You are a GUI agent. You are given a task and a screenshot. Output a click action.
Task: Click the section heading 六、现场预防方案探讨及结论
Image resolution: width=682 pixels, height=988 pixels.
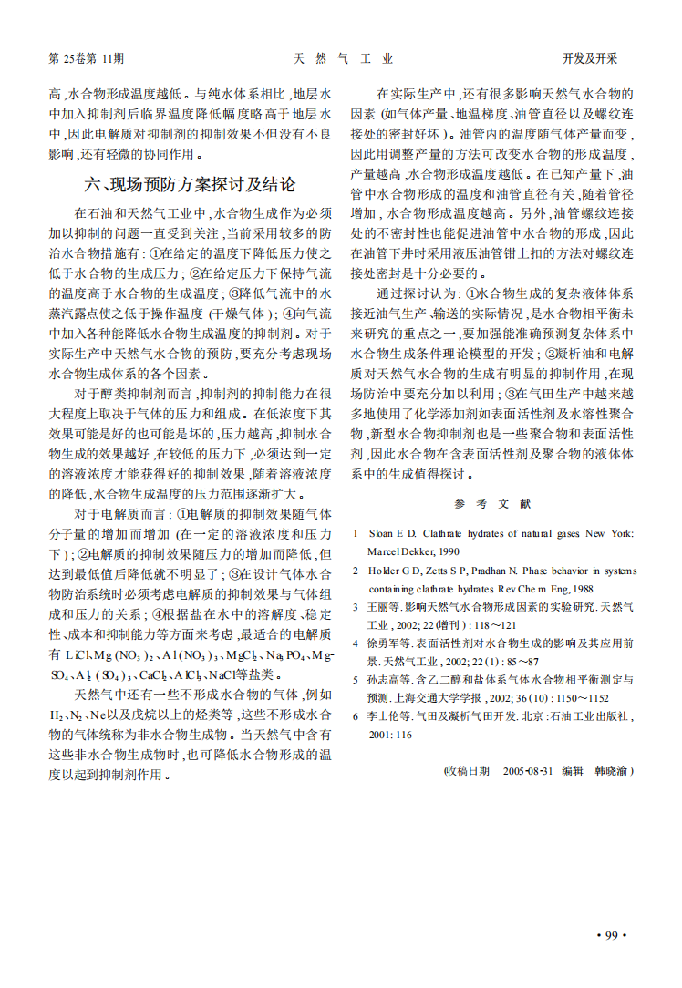pos(190,185)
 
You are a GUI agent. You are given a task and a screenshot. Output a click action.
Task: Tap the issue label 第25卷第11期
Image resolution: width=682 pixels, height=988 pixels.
pos(86,59)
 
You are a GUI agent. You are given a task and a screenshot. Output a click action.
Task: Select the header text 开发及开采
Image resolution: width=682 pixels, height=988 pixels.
pos(590,59)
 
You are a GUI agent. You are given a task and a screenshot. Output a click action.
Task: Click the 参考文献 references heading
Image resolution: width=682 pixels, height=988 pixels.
pos(492,504)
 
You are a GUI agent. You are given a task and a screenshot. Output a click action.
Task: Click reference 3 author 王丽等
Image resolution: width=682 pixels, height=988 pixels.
pos(381,607)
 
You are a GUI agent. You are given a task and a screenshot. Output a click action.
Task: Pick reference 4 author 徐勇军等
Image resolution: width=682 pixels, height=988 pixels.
pos(385,643)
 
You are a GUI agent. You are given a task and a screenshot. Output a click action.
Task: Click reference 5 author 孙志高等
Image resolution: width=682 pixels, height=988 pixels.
pos(385,680)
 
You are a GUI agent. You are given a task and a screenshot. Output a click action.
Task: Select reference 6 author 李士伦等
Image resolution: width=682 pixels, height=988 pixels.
pos(385,716)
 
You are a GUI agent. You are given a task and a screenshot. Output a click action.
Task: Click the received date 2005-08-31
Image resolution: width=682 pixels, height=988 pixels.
pos(528,770)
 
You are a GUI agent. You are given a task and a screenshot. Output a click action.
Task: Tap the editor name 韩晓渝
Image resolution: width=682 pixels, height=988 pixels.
pos(610,770)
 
